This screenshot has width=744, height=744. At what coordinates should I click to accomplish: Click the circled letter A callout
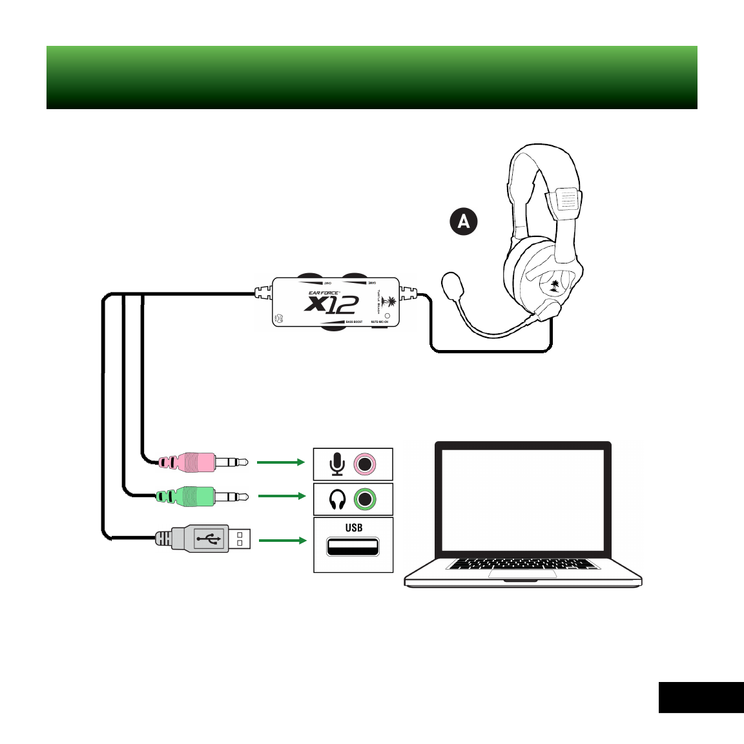pos(464,222)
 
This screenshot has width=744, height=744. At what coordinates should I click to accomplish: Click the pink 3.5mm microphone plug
pos(194,462)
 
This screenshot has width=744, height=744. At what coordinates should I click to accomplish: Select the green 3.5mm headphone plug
pos(194,496)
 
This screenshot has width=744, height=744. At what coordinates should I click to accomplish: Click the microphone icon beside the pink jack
pos(337,464)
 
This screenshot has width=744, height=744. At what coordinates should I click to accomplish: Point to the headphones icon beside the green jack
pos(337,499)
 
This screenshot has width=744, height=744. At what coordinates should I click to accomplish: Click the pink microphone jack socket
pos(366,464)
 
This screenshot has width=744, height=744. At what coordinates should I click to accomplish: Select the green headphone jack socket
pos(366,499)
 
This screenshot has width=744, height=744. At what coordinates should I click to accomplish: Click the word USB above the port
pos(353,528)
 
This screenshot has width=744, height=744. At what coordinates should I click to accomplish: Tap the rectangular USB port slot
pos(353,547)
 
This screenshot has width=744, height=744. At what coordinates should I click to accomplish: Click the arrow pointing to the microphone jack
pos(280,462)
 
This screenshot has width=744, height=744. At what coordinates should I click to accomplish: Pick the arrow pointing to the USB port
pos(282,540)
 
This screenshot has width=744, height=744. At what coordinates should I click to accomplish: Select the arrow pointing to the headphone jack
pos(281,496)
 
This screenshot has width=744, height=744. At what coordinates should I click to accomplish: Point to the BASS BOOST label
pos(354,322)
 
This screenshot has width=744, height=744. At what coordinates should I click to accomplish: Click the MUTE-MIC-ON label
pos(379,322)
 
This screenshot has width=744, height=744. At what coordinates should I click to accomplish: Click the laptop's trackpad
pos(522,574)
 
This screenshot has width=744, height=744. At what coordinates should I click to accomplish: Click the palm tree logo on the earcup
pos(554,285)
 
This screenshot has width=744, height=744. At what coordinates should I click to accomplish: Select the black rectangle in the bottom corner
pos(701,697)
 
